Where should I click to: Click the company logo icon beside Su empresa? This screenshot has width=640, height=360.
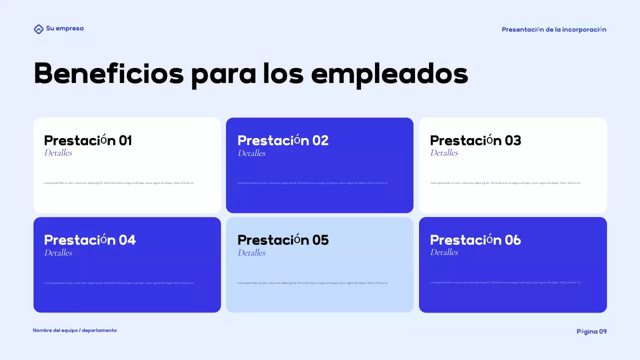point(38,29)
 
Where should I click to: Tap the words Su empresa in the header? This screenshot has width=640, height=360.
point(64,28)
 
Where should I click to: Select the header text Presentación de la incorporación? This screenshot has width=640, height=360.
point(553,29)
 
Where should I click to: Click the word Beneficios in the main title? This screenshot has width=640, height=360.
point(108,74)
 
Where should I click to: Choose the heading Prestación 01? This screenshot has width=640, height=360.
point(88,140)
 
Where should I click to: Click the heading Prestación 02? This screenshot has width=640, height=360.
point(283,140)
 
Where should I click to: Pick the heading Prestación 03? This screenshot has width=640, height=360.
point(475,140)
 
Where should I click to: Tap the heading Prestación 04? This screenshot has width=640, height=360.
point(90,240)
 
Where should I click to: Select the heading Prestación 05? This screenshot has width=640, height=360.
point(283,240)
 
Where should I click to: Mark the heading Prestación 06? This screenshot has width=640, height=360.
point(475,240)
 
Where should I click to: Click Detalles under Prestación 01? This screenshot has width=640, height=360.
point(58,153)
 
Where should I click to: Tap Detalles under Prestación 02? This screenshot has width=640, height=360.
point(251,153)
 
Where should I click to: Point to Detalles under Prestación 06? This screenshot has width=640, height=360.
point(444,252)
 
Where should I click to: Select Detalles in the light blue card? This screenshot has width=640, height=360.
point(251,253)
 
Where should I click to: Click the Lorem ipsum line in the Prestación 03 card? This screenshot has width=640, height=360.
point(505,183)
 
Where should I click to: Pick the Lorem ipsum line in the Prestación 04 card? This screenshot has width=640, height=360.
point(119,283)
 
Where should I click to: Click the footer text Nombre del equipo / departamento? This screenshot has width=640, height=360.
point(75,330)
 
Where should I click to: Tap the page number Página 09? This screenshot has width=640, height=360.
point(591,331)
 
